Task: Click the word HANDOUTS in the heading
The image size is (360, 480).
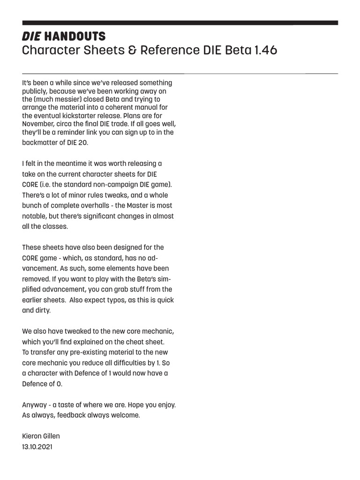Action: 75,37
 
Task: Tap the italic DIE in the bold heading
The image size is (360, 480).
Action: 31,37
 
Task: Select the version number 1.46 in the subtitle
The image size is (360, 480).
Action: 266,50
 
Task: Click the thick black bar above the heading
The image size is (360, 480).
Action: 180,22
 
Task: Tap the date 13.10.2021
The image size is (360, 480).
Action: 37,447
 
